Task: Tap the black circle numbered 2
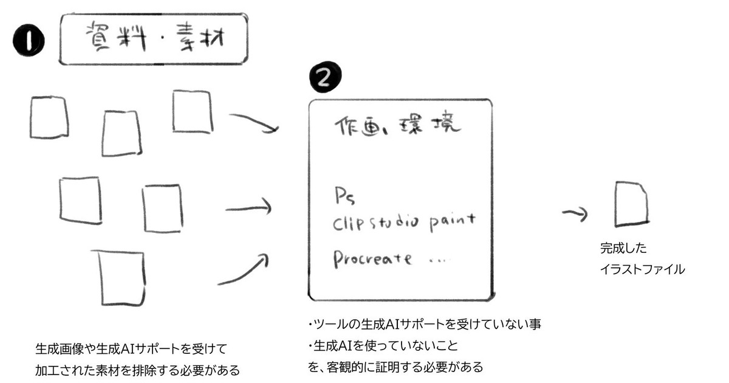(325, 77)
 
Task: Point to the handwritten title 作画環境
(398, 126)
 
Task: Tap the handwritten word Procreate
(372, 258)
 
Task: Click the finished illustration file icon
(631, 204)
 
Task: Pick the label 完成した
(615, 249)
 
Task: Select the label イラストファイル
(642, 269)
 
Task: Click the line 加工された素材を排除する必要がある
(137, 369)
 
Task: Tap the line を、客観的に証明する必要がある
(395, 367)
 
